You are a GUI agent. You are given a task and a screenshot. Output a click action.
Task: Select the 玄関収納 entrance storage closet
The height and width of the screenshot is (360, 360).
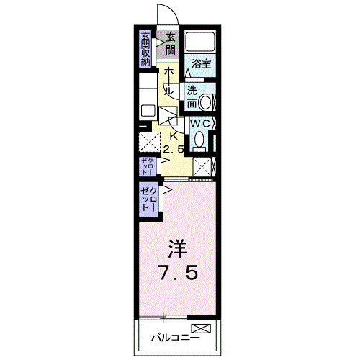pos(145,50)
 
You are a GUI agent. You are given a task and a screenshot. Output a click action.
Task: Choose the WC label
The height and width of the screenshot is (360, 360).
pos(199,124)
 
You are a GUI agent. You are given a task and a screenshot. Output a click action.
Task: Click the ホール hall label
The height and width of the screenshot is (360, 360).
pos(168,81)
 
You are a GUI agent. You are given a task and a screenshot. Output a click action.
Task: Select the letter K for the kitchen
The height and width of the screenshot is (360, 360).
pos(173,135)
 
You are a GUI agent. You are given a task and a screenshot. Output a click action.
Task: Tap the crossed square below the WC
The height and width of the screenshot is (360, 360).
pos(203,167)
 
